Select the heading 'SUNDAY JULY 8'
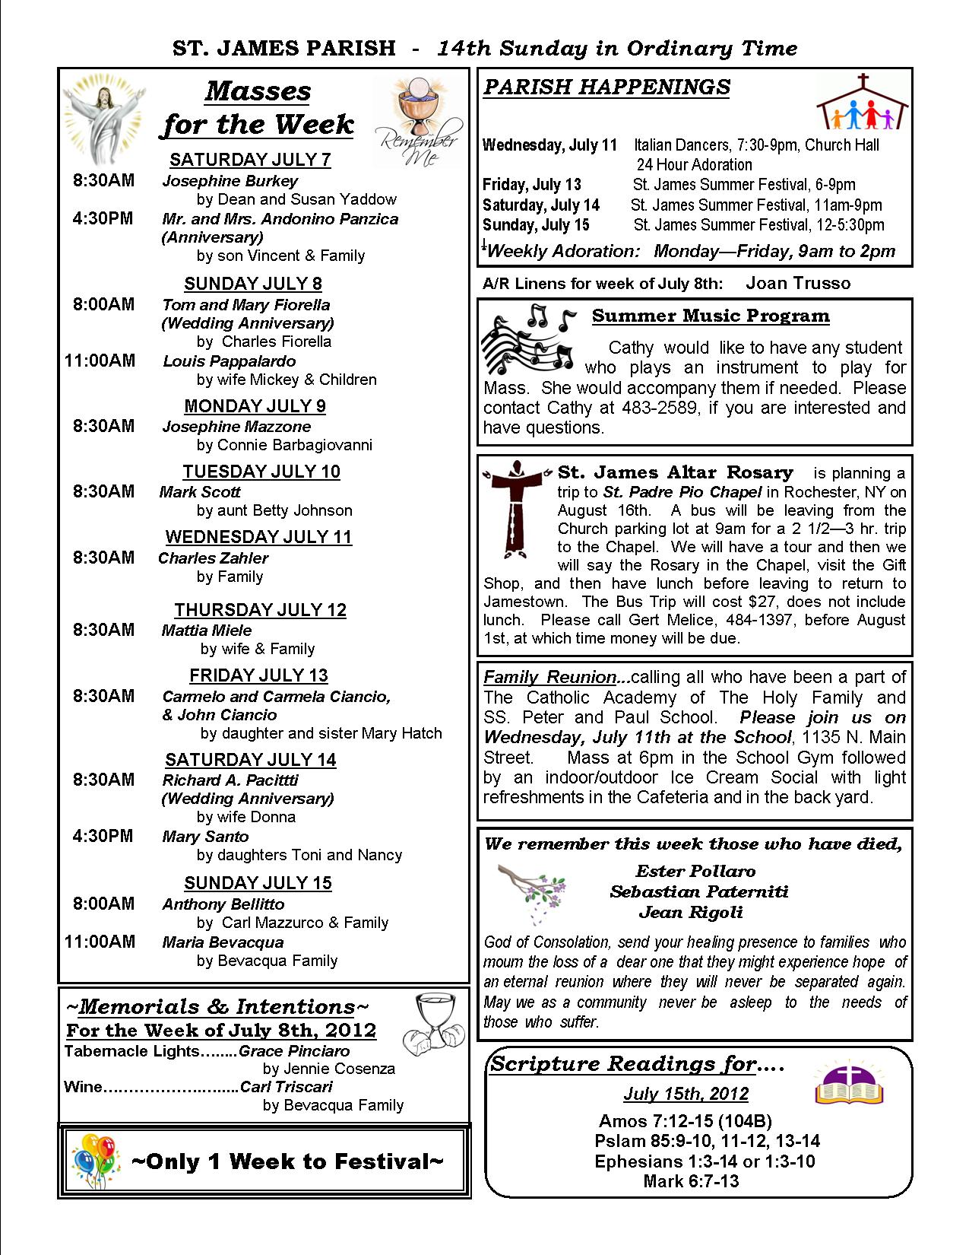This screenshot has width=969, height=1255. coord(253,284)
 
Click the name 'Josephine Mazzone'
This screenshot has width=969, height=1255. coord(236,427)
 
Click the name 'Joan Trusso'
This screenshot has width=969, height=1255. coord(798,284)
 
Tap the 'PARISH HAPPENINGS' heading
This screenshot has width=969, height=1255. coord(606,87)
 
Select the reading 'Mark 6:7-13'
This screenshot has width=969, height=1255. coord(690,1181)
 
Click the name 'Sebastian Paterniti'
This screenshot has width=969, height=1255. coord(698,891)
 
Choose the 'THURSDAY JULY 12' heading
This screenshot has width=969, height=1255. coord(260,610)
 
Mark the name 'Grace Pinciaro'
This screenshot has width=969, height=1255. coord(294,1051)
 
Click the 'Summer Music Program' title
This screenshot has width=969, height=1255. coord(711,316)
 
